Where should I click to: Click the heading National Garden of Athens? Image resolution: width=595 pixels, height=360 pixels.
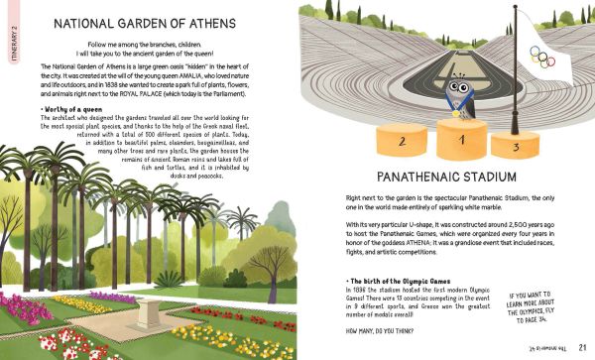click(145, 24)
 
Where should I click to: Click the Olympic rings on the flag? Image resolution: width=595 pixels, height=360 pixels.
click(541, 57)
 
